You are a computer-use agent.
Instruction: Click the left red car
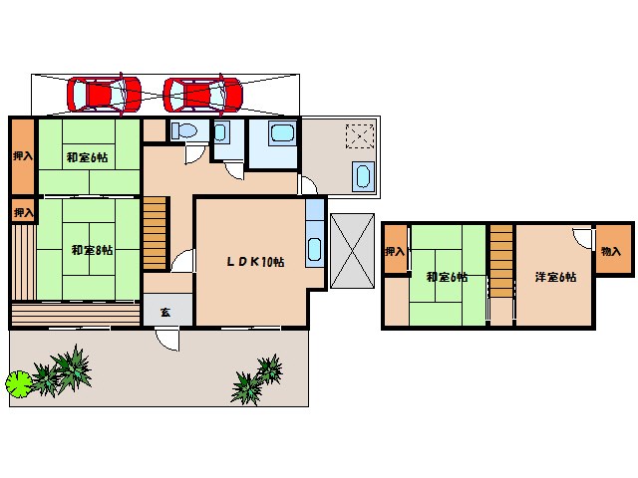104,95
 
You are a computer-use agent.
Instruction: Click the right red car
202,95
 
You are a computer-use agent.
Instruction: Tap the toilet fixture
183,130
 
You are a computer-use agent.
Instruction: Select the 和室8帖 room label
92,250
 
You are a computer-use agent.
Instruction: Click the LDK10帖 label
255,261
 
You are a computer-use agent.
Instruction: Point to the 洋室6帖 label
555,277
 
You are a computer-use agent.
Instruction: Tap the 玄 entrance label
165,312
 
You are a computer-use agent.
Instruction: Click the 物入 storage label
611,251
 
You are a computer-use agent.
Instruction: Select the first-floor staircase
156,233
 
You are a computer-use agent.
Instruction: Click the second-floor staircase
501,261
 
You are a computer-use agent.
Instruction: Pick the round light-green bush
18,383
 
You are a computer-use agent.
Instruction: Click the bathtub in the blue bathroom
282,132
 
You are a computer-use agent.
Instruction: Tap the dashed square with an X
360,136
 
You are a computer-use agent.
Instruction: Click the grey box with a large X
352,251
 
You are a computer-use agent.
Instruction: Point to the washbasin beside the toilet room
220,131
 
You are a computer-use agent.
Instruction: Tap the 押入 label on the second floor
395,252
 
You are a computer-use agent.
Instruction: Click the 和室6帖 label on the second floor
447,277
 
